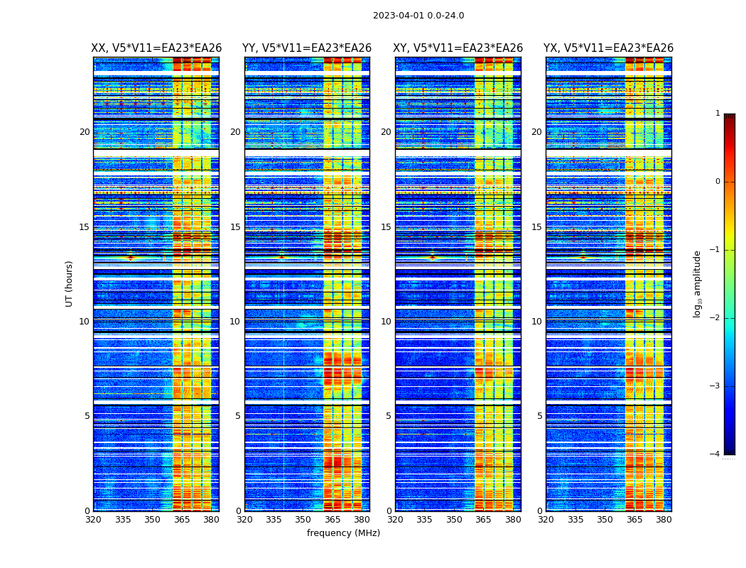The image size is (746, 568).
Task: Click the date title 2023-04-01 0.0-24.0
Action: tap(418, 16)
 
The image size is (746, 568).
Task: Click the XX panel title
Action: tap(156, 48)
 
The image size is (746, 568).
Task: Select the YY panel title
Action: tap(307, 48)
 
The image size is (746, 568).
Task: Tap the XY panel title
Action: tap(458, 48)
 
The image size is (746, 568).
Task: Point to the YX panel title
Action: tap(609, 48)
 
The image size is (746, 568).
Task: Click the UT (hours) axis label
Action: tap(70, 283)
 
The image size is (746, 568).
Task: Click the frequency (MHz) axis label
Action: tap(343, 533)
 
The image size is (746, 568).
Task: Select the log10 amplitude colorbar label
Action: tap(698, 283)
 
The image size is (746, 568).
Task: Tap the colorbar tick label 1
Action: tap(718, 114)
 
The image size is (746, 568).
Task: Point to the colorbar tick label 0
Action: tap(718, 182)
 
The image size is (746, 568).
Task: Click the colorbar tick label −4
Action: tap(715, 454)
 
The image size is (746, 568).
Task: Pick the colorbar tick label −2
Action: tap(715, 318)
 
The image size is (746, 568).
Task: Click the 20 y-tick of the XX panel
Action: tap(85, 132)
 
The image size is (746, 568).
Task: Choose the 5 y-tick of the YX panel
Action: tap(540, 416)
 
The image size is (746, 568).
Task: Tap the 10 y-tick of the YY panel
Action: tap(235, 322)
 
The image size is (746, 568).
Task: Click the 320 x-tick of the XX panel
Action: tap(93, 520)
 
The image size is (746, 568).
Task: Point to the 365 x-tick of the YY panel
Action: tap(333, 520)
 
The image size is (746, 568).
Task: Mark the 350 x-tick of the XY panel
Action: tap(454, 520)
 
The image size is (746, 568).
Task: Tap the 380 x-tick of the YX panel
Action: tap(664, 520)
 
